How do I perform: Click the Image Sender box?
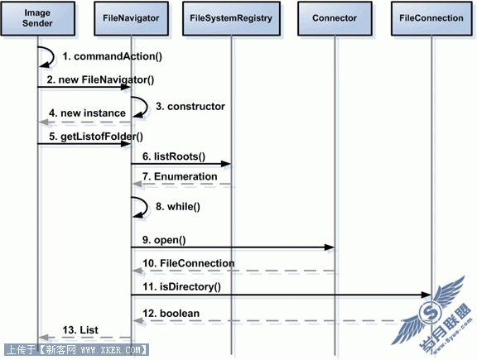(38, 18)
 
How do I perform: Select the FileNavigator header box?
(131, 18)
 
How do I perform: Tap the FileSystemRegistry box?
(231, 18)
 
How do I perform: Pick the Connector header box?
(335, 18)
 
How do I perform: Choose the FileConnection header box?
(431, 18)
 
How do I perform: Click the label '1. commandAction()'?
(113, 56)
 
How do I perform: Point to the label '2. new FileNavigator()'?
(100, 80)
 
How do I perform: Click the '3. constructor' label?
(190, 107)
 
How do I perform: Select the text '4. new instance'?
(87, 113)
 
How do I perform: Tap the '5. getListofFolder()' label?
(96, 137)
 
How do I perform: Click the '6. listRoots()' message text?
(174, 156)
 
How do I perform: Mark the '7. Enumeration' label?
(180, 176)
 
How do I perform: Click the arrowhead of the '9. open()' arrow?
(330, 247)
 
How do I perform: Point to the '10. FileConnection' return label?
(189, 263)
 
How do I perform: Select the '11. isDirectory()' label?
(182, 286)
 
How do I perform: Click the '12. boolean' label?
(171, 314)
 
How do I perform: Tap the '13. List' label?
(80, 330)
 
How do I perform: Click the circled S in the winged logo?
(430, 313)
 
